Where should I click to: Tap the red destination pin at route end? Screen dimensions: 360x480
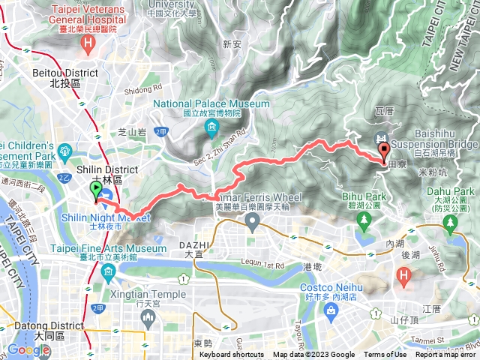[385, 153]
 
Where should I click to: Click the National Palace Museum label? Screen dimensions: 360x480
[212, 103]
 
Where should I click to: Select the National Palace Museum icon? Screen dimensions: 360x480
[212, 127]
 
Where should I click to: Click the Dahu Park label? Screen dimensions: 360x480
[457, 192]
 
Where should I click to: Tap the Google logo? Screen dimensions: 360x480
[28, 350]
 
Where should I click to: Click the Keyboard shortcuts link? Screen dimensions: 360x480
[231, 355]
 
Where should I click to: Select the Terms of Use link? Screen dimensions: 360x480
[385, 355]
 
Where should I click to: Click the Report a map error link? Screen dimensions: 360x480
[446, 355]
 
